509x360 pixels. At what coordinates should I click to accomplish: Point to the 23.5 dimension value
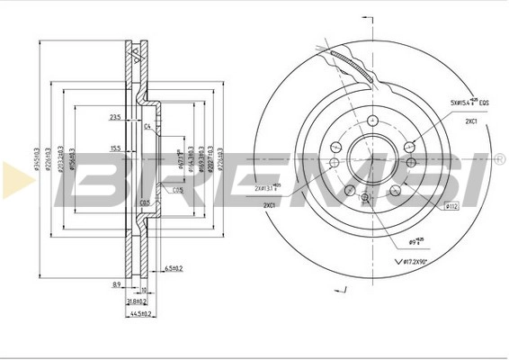click(115, 118)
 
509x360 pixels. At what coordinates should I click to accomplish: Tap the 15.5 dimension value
click(115, 148)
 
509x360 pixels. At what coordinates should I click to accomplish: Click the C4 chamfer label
click(147, 127)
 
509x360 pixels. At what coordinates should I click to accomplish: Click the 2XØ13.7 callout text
click(266, 188)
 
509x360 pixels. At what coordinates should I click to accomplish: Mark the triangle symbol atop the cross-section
click(138, 55)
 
